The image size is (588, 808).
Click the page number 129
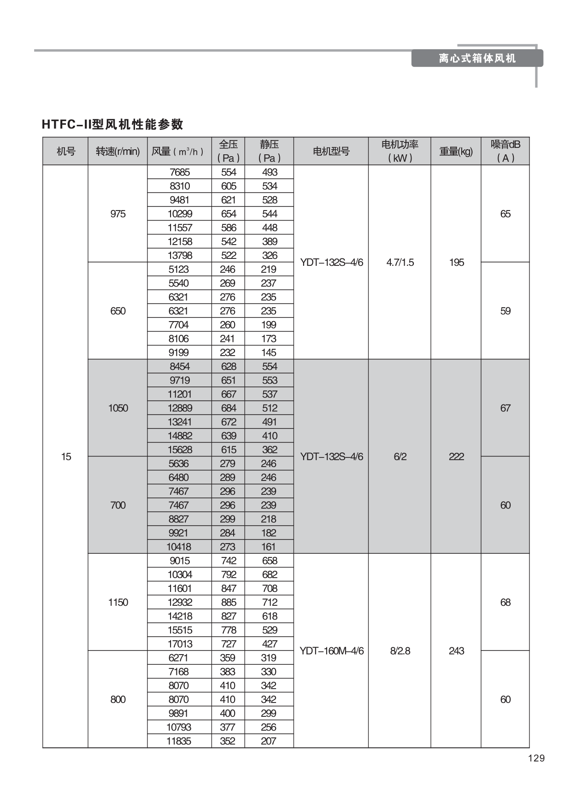pyautogui.click(x=536, y=758)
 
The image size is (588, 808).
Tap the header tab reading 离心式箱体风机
pyautogui.click(x=477, y=59)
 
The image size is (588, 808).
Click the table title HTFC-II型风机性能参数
pyautogui.click(x=112, y=124)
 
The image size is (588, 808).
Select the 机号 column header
pyautogui.click(x=66, y=151)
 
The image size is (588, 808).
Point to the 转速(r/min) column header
pyautogui.click(x=118, y=151)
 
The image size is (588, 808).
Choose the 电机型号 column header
pyautogui.click(x=331, y=151)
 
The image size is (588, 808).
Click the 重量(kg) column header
pyautogui.click(x=456, y=151)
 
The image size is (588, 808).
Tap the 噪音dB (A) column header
pyautogui.click(x=505, y=151)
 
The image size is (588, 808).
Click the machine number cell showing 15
pyautogui.click(x=66, y=457)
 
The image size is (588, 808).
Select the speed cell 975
pyautogui.click(x=118, y=214)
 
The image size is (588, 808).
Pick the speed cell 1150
pyautogui.click(x=118, y=602)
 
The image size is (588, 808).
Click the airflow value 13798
pyautogui.click(x=180, y=255)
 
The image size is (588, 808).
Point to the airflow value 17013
pyautogui.click(x=180, y=644)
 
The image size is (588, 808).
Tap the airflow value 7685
pyautogui.click(x=180, y=172)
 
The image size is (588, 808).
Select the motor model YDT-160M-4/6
pyautogui.click(x=331, y=651)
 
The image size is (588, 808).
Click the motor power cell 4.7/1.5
pyautogui.click(x=400, y=263)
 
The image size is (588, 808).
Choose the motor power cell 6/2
pyautogui.click(x=400, y=457)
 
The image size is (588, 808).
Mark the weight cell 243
pyautogui.click(x=456, y=651)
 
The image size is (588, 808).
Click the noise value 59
pyautogui.click(x=505, y=311)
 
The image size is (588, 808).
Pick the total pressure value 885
pyautogui.click(x=228, y=602)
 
